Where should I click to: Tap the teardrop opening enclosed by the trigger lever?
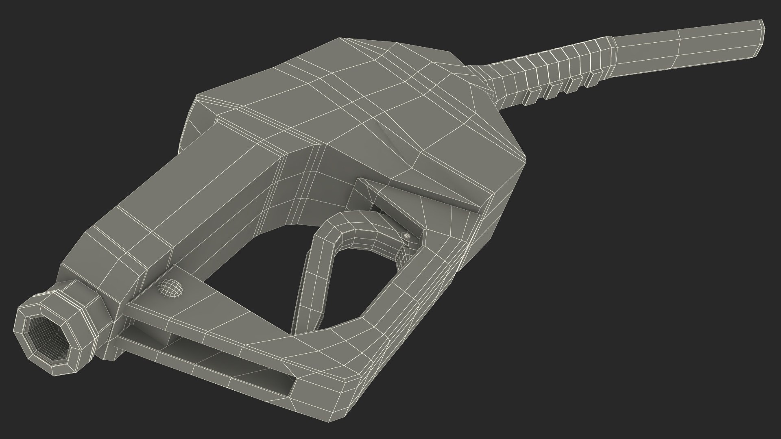pos(354,285)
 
